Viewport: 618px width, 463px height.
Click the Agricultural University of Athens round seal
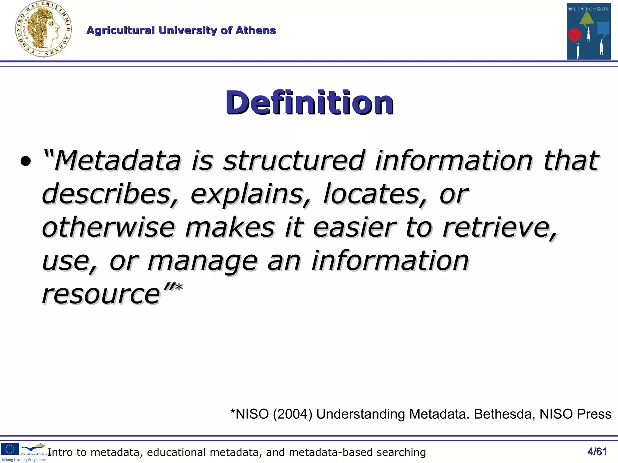click(43, 29)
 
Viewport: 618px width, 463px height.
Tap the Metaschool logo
click(588, 31)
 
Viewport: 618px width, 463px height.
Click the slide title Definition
click(309, 102)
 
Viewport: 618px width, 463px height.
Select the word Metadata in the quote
click(118, 160)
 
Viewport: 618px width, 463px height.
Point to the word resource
click(101, 294)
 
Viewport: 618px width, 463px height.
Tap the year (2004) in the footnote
click(292, 414)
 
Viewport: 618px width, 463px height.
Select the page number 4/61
click(597, 452)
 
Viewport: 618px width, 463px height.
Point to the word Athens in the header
click(256, 30)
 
